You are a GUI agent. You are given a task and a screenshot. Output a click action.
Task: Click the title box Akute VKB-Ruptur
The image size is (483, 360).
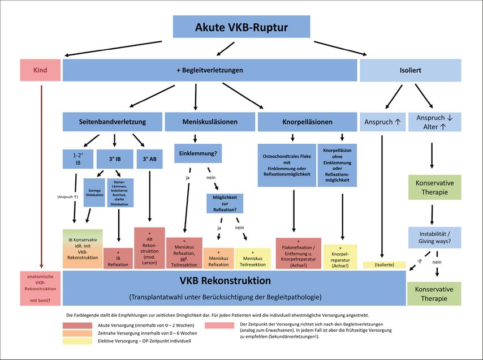pos(241,27)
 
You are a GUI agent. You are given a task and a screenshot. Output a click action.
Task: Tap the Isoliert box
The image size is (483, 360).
pos(410,70)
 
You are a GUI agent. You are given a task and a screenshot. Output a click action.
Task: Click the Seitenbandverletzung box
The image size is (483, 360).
pos(113,122)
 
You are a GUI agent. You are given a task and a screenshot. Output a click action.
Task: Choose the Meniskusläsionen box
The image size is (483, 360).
pos(209,122)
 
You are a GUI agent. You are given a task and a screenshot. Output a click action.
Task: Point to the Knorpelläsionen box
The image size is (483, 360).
pos(308,122)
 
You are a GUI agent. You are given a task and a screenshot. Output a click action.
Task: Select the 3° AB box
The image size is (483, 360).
pos(149,160)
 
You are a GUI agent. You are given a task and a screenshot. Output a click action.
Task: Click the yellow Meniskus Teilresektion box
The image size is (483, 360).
pos(257,258)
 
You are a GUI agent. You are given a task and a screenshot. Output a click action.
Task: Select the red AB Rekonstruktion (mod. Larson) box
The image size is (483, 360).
pos(149,248)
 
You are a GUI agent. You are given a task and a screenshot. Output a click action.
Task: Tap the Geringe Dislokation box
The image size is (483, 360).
pos(94,192)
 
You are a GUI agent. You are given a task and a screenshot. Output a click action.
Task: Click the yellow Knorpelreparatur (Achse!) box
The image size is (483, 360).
pos(340,256)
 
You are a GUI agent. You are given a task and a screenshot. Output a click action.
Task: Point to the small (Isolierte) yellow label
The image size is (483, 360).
pos(384,265)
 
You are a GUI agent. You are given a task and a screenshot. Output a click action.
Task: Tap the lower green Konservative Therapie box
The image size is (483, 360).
pos(434,293)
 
